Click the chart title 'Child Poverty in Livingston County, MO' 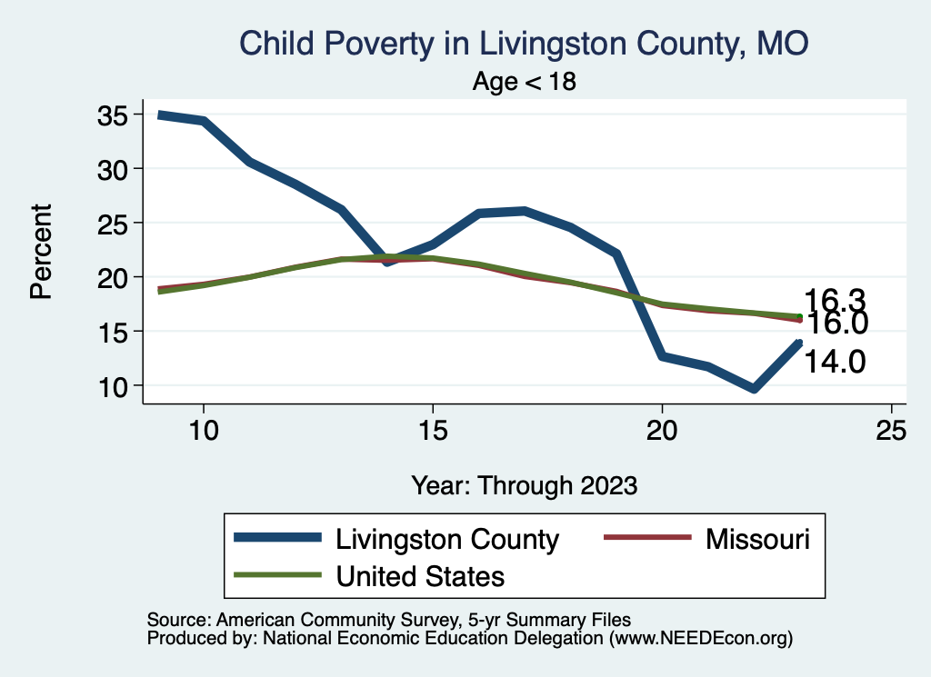523,43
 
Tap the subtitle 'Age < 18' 525,82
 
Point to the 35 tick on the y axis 115,115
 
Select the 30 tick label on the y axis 115,169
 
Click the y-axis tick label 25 115,223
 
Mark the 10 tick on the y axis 115,385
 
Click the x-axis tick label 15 432,431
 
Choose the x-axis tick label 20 662,431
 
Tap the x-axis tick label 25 891,431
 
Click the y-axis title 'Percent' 40,251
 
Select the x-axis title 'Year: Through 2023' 524,484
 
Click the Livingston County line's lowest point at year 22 754,389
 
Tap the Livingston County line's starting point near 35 159,115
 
